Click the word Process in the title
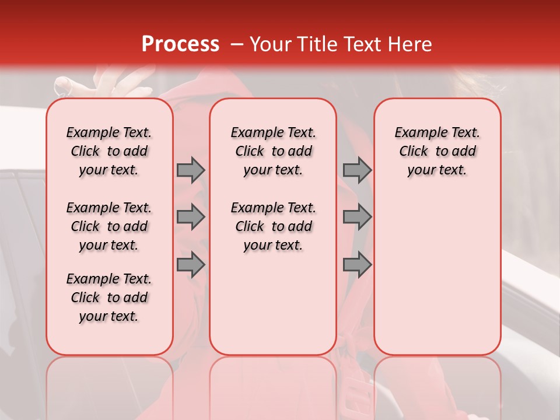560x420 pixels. (180, 44)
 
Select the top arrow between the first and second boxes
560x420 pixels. (191, 170)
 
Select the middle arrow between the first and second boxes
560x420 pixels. (191, 217)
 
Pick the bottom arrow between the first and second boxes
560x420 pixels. (191, 265)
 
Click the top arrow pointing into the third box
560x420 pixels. (357, 170)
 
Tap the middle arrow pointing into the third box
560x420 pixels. (357, 217)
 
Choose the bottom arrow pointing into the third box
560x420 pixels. (357, 265)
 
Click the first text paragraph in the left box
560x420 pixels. (109, 151)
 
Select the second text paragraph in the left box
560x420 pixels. (109, 226)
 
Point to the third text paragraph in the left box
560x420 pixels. (109, 297)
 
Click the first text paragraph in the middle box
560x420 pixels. (273, 151)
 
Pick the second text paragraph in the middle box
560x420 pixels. (273, 226)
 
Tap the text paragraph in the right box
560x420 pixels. (437, 151)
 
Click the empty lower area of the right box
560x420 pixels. (437, 280)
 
